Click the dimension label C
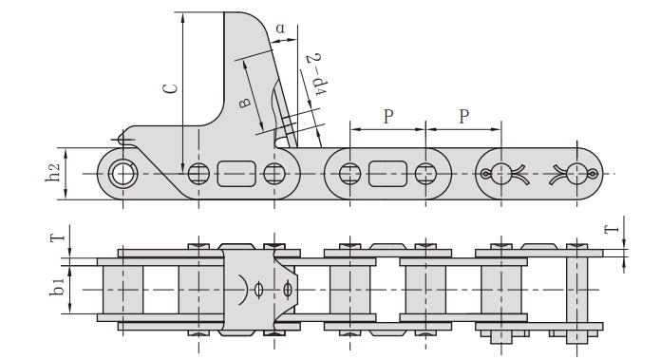[x=168, y=89]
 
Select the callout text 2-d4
[x=314, y=73]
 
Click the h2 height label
[x=56, y=172]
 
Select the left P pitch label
[x=387, y=117]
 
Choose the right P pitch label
[x=463, y=117]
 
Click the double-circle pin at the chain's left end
[x=122, y=173]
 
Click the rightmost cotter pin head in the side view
[x=577, y=173]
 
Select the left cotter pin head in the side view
[x=501, y=173]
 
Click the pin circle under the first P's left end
[x=349, y=173]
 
